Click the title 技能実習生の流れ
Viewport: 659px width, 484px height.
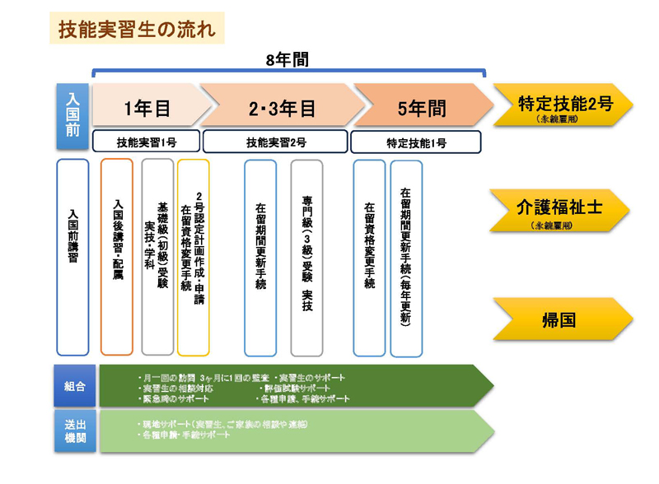(x=136, y=30)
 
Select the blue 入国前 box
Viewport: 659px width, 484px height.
(x=72, y=117)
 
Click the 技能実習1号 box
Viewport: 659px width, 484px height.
(x=146, y=142)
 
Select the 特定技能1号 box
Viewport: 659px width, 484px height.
(x=416, y=142)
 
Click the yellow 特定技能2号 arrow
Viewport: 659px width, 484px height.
(x=564, y=107)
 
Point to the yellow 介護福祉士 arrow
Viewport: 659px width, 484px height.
(x=564, y=211)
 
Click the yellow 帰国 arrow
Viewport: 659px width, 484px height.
(x=564, y=319)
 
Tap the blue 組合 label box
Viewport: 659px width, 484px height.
(x=74, y=385)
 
